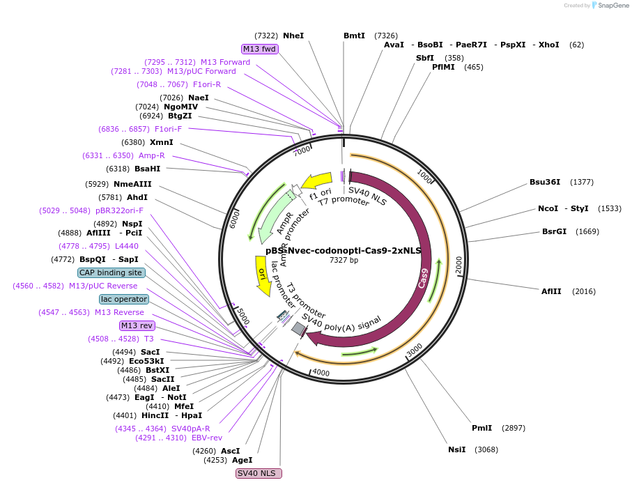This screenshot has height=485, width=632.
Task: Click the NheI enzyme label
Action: point(293,36)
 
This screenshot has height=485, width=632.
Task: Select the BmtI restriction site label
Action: point(354,36)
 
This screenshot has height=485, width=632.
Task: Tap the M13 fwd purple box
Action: point(260,49)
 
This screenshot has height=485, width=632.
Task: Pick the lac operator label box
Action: point(124,299)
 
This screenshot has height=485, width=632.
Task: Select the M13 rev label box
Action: point(137,325)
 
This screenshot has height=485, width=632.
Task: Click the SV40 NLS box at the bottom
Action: point(259,473)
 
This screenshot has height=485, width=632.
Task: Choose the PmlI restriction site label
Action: point(481,428)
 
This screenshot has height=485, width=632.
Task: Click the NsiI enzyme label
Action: point(457,449)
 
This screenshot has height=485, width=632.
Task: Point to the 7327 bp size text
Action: point(344,260)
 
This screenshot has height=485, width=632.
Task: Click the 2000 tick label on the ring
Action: point(458,265)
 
